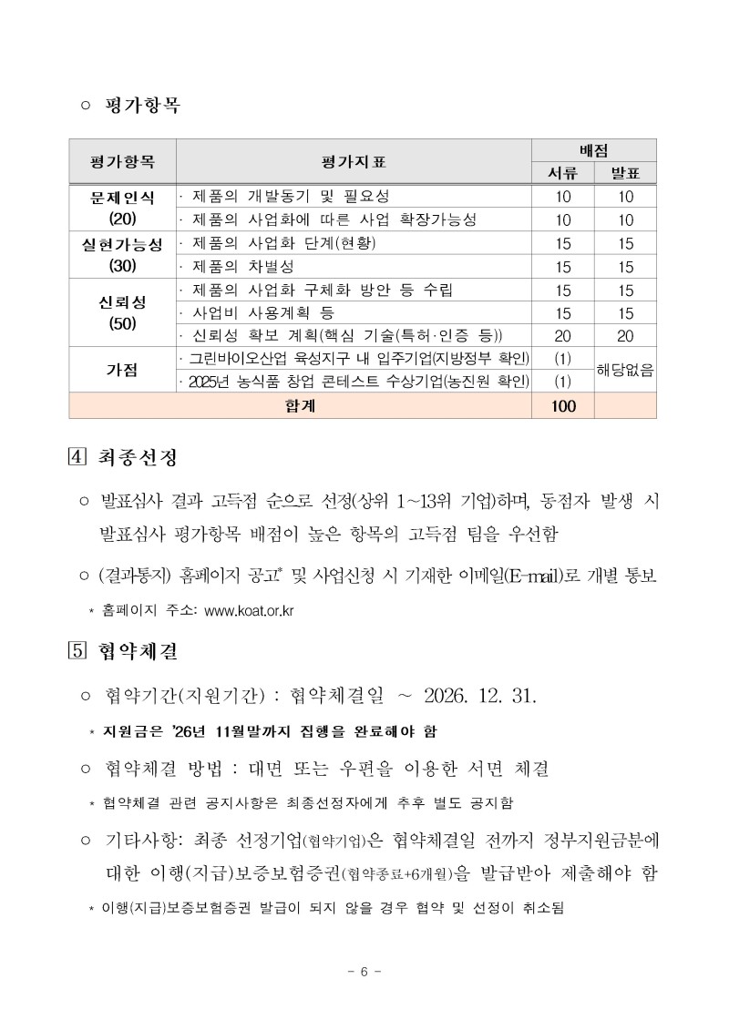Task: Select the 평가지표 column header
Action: [354, 162]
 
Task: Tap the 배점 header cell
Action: [594, 150]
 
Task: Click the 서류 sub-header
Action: [563, 173]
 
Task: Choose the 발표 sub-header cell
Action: [625, 173]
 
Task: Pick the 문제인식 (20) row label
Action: [122, 208]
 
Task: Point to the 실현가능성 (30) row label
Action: [122, 255]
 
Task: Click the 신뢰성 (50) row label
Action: [122, 312]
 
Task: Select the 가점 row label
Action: [122, 370]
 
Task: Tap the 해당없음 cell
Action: [625, 370]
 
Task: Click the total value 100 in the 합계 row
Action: [563, 406]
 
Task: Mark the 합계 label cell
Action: [301, 406]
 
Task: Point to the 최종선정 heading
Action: [137, 456]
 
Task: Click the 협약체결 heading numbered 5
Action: [137, 651]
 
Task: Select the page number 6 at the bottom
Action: [364, 971]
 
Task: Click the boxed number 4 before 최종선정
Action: [77, 456]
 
